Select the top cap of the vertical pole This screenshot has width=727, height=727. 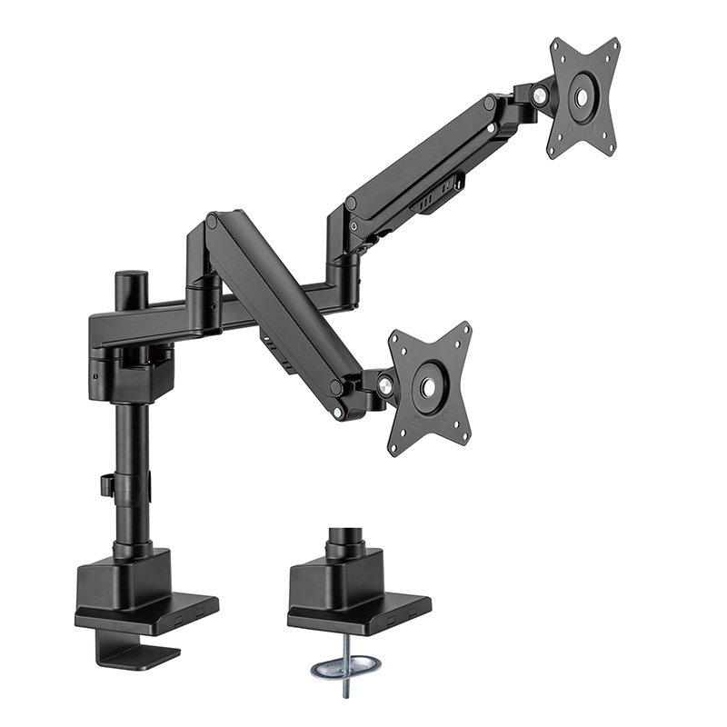[x=134, y=274]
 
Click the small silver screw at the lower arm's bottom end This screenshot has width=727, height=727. [x=339, y=413]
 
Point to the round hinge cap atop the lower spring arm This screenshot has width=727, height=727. [x=212, y=221]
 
